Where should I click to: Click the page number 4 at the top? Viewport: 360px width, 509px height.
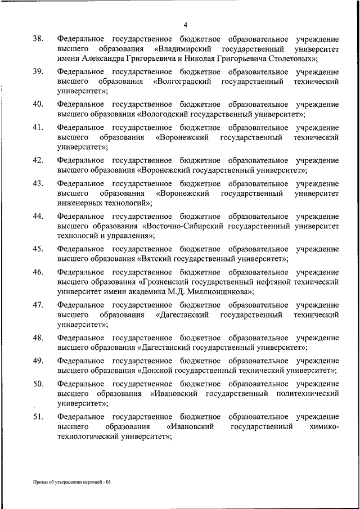click(185, 24)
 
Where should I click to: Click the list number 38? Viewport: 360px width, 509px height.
click(38, 39)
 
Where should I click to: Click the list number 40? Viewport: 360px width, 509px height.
click(38, 105)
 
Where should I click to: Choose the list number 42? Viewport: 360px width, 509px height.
click(38, 160)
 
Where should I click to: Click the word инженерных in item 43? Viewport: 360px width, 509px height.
click(80, 203)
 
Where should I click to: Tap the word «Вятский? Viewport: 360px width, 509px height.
click(155, 259)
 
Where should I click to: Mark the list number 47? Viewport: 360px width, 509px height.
click(38, 305)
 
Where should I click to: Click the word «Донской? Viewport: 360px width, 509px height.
click(155, 370)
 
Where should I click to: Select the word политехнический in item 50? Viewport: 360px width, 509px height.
click(309, 394)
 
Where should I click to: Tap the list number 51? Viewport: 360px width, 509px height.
click(38, 417)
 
